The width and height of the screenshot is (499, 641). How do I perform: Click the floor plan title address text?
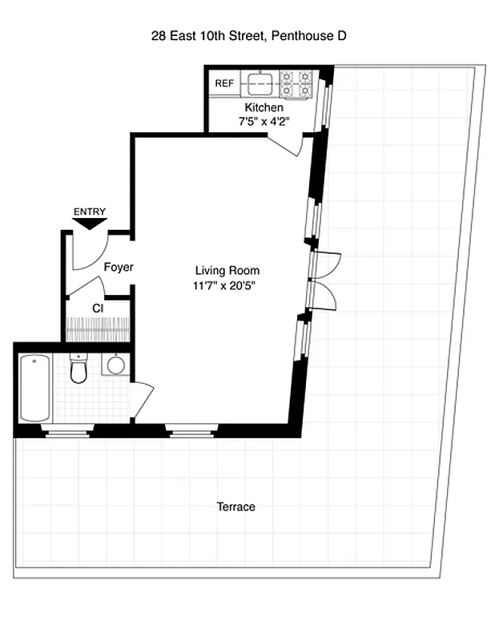[x=249, y=35]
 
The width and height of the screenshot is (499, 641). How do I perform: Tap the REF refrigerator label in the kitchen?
[x=223, y=83]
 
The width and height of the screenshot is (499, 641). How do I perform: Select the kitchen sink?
[x=260, y=81]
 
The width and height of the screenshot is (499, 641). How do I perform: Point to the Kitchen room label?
[x=264, y=107]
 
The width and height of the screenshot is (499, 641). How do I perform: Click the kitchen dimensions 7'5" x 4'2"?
[x=264, y=122]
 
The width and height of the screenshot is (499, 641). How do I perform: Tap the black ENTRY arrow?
[x=89, y=224]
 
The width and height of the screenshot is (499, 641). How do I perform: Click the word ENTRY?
[x=89, y=212]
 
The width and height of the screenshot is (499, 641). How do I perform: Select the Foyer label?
[x=119, y=268]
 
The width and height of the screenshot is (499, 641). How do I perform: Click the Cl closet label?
[x=98, y=308]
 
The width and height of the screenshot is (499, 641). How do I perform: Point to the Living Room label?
[x=227, y=270]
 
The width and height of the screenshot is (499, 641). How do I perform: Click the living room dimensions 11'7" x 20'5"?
[x=227, y=284]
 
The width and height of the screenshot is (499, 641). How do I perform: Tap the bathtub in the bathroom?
[x=35, y=388]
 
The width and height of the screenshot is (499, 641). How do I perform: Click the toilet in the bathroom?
[x=78, y=369]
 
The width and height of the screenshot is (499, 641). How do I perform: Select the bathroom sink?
[x=116, y=365]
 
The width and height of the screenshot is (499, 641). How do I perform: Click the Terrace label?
[x=235, y=507]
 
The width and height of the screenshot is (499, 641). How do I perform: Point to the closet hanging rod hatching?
[x=96, y=329]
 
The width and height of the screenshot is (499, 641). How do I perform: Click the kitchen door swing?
[x=287, y=144]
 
